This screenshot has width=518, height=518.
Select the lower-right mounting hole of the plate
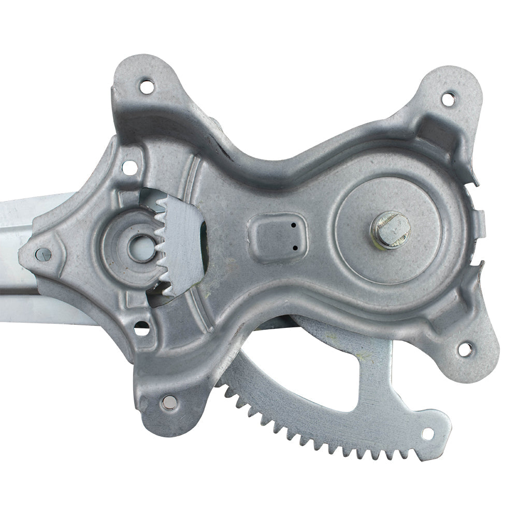point(465,349)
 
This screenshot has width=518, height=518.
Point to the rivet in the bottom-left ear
point(169,401)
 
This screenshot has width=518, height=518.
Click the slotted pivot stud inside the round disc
point(390,229)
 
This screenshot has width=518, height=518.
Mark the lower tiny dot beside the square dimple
point(295,248)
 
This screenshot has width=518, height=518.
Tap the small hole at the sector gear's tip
point(428,434)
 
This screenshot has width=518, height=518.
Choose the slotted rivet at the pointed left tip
point(44,253)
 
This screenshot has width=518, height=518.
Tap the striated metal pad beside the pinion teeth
point(184,243)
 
